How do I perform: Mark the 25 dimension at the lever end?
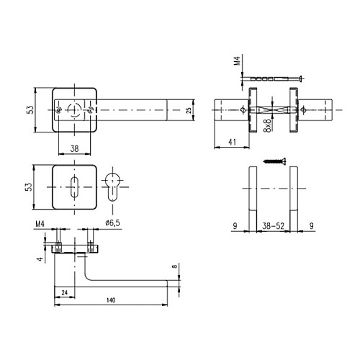189,109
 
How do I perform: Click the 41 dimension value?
231,143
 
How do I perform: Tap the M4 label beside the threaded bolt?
238,63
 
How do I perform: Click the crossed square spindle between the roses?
272,110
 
